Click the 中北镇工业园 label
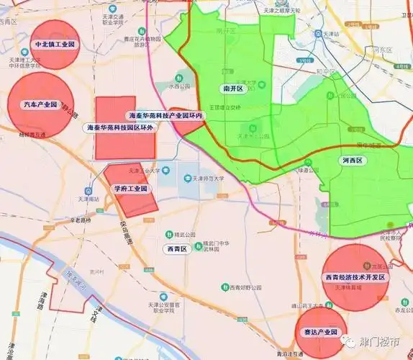pyautogui.click(x=55, y=45)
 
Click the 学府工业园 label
pyautogui.click(x=130, y=189)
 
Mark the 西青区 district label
pyautogui.click(x=174, y=248)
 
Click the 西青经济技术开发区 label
pyautogui.click(x=355, y=277)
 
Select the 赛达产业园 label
pyautogui.click(x=316, y=332)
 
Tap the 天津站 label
pyautogui.click(x=330, y=34)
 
